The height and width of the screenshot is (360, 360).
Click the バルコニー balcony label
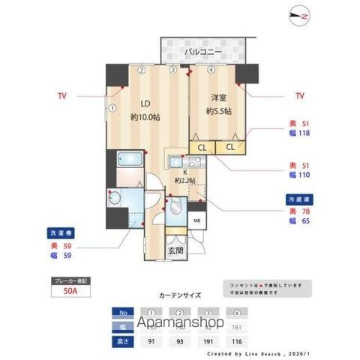pos(201,52)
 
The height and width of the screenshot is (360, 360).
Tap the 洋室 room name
pos(218,98)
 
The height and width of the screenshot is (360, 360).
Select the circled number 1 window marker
pos(112,108)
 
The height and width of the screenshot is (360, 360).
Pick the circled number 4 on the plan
pos(211,70)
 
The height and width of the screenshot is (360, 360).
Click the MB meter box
pos(196,220)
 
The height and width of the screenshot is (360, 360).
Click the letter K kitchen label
pos(184,172)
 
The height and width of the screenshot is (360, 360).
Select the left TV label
pos(61,96)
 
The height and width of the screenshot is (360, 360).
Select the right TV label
pos(299,96)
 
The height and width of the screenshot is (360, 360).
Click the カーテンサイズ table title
pos(180,295)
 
